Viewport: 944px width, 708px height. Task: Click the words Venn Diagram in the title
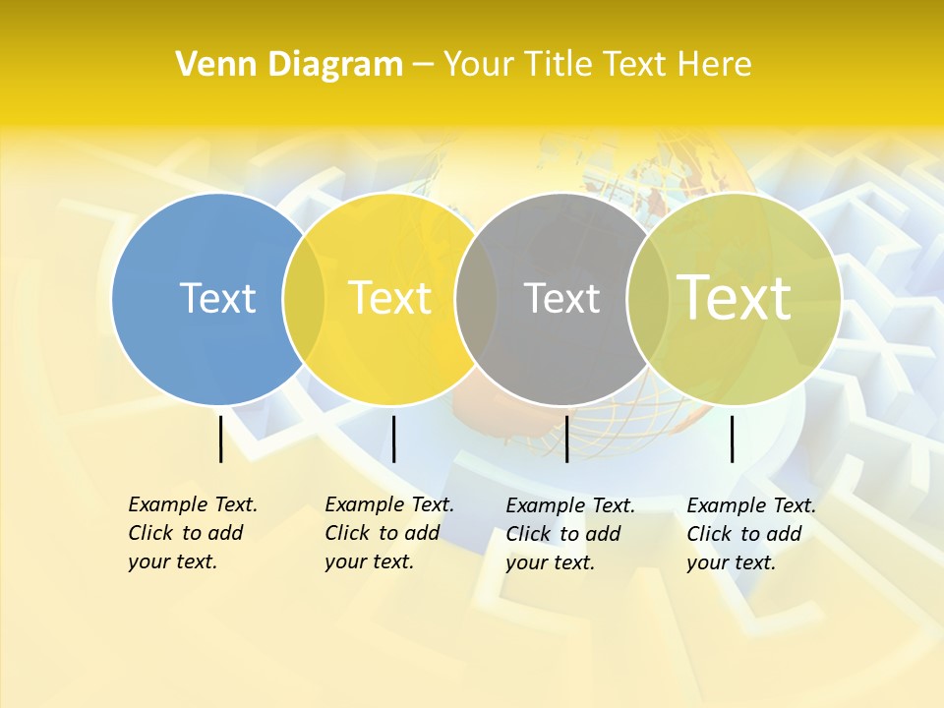click(x=289, y=65)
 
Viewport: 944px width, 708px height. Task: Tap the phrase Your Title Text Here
click(x=597, y=65)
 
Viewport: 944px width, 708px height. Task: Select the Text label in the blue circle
click(x=217, y=298)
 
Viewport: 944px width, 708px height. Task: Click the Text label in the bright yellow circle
click(x=389, y=298)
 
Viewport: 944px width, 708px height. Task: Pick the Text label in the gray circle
click(x=561, y=298)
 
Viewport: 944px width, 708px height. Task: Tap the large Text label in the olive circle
click(x=734, y=297)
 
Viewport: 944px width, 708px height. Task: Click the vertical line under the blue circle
click(x=220, y=439)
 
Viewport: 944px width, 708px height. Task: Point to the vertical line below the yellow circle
click(x=393, y=439)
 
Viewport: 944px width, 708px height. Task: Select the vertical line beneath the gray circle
click(x=566, y=439)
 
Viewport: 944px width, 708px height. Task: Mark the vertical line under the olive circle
click(x=732, y=439)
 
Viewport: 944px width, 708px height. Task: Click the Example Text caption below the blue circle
click(x=193, y=533)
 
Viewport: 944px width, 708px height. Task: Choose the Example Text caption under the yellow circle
click(x=389, y=533)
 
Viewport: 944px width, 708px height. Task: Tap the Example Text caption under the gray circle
click(x=570, y=534)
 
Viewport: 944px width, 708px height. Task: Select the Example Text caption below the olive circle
click(x=751, y=534)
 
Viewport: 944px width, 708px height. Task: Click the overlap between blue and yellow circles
click(x=304, y=298)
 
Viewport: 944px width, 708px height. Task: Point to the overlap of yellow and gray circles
click(x=476, y=298)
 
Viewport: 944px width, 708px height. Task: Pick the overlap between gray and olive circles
click(x=647, y=298)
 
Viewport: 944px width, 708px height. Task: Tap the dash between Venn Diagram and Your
click(x=423, y=65)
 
